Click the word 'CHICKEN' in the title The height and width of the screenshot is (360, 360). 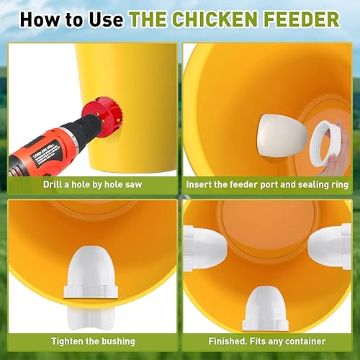tap(230, 19)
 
